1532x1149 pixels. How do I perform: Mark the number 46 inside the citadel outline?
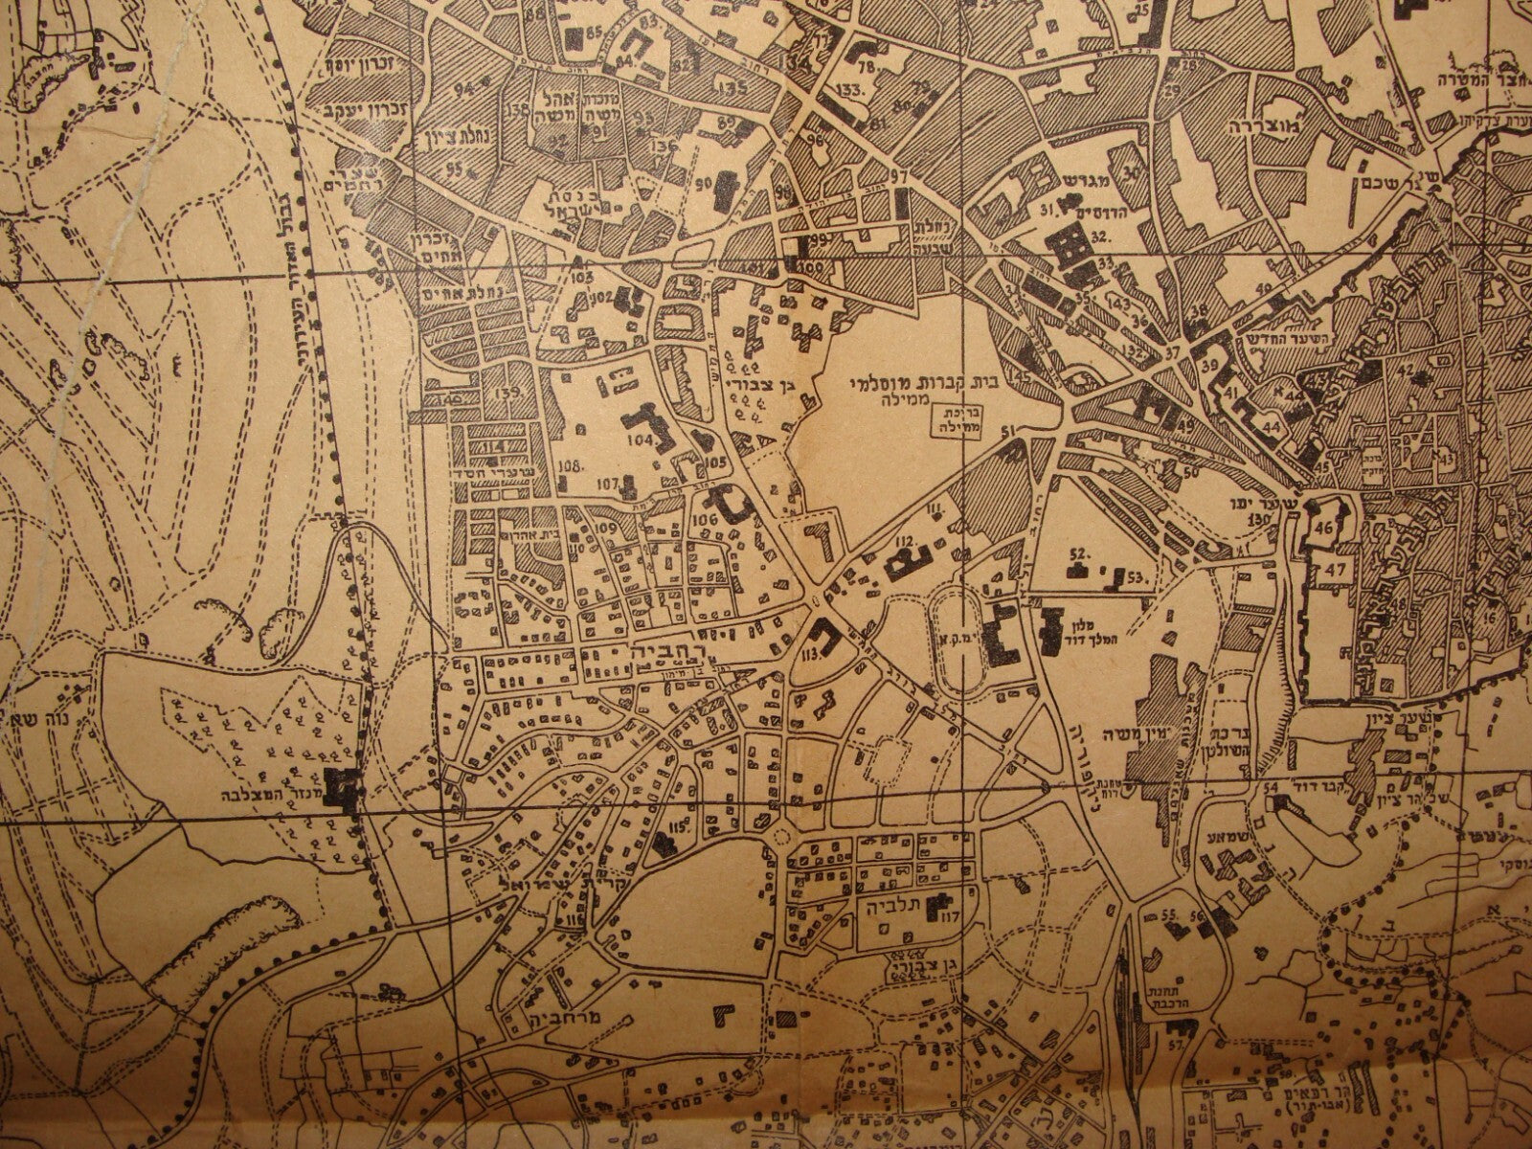click(1326, 528)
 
